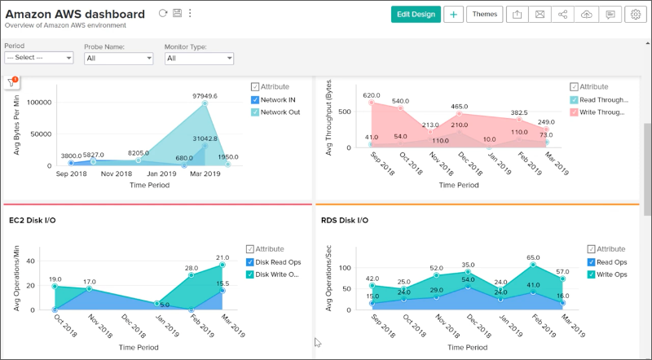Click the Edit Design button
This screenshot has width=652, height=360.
tap(416, 14)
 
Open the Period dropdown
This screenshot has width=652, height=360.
tap(39, 58)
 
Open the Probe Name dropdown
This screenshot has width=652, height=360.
tap(119, 58)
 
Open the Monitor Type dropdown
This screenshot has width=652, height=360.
tap(199, 58)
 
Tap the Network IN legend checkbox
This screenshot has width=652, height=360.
tap(255, 99)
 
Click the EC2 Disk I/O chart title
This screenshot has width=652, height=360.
tap(33, 220)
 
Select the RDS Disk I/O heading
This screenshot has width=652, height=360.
tap(346, 220)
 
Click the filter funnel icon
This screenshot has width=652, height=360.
tap(11, 82)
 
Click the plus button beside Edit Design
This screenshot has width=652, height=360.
tap(454, 14)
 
